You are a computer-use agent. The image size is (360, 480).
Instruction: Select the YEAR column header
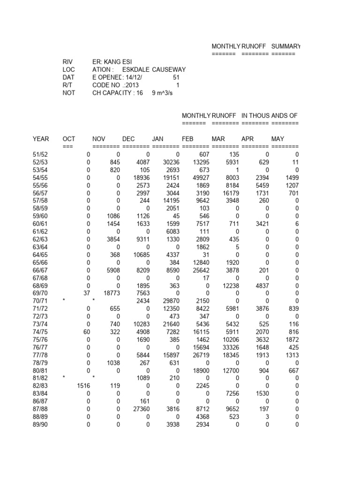pos(41,139)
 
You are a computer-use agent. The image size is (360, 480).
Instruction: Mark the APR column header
pos(247,139)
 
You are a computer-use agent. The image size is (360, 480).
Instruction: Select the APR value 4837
pos(260,285)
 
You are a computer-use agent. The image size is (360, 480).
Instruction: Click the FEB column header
pos(187,139)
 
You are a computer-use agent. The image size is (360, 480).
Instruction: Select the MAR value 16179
pos(230,193)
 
